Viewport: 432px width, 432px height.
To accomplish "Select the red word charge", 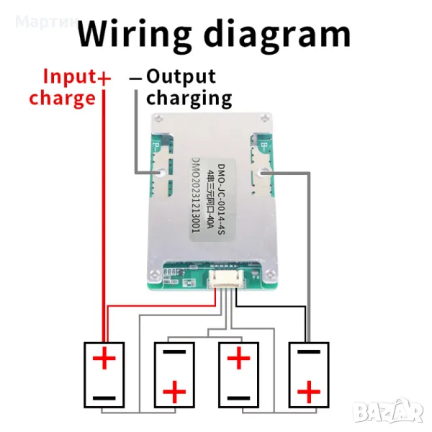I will pyautogui.click(x=62, y=98).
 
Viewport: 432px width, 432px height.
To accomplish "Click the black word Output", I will pyautogui.click(x=181, y=76).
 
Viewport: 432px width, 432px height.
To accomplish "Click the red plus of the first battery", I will pyautogui.click(x=105, y=358).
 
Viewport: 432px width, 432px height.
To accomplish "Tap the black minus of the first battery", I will pyautogui.click(x=104, y=397).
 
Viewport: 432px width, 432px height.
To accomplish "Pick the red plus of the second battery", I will pyautogui.click(x=174, y=392).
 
